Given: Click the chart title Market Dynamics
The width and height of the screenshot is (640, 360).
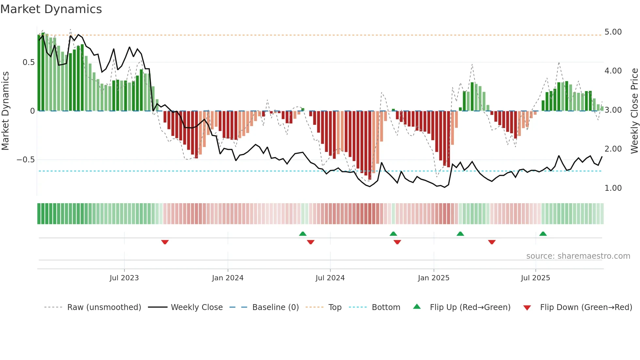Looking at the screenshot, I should (x=51, y=9).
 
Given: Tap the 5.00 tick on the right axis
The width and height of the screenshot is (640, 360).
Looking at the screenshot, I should (x=613, y=32).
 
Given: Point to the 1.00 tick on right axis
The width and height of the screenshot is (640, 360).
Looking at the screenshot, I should (x=613, y=188).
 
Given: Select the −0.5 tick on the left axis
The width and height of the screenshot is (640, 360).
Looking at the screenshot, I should (x=25, y=160).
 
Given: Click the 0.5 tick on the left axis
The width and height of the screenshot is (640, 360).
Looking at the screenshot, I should (x=28, y=62).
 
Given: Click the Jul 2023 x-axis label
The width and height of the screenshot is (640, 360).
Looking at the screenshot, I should (x=124, y=278).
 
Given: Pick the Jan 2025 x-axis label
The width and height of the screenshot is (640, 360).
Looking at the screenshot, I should (x=433, y=278).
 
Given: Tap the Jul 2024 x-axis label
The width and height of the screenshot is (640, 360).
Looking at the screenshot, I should (x=330, y=278).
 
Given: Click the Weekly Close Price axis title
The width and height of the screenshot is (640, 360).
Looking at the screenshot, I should (x=634, y=111).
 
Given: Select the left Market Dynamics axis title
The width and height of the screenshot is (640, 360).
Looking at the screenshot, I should (x=5, y=111).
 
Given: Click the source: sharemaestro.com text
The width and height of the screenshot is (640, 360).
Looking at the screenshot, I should (x=578, y=256).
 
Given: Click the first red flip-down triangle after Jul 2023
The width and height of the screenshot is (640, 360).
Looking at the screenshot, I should (x=165, y=242).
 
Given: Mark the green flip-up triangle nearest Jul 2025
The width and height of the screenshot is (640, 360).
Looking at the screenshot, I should (x=543, y=234).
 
